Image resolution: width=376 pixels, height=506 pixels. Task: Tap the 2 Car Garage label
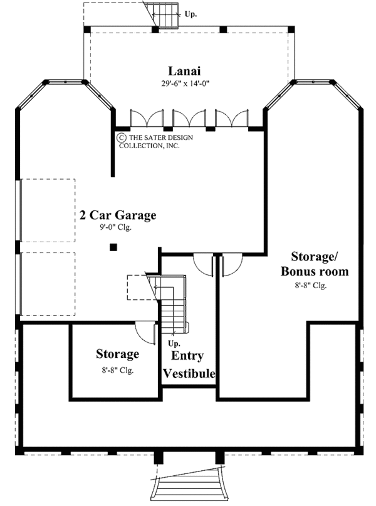pos(118,215)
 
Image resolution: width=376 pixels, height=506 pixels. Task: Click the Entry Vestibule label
pos(189,364)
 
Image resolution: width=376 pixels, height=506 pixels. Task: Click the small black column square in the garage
pos(113,247)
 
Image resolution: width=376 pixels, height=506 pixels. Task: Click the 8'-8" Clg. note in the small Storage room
pos(117,370)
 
